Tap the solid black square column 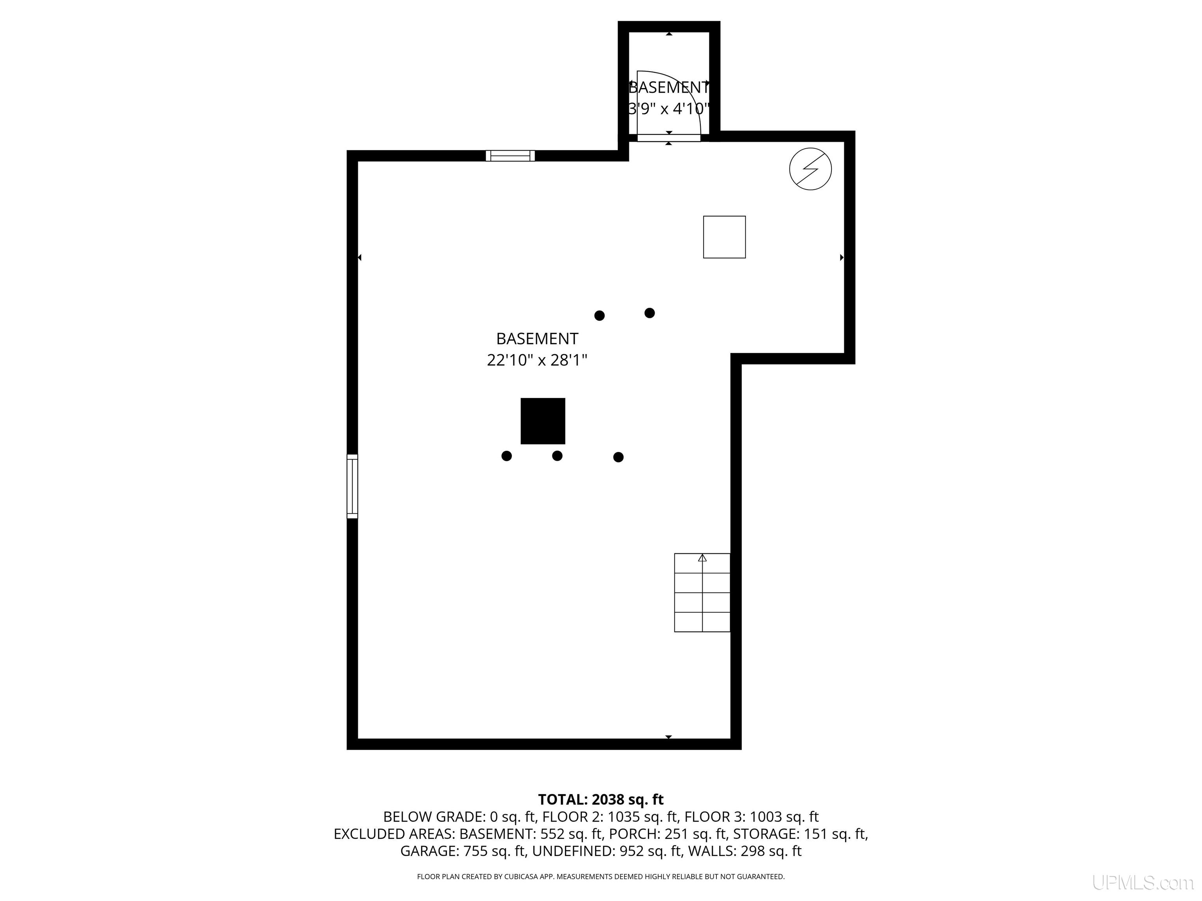tap(543, 421)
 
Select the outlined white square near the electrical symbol tap(724, 237)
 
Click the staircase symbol tap(702, 592)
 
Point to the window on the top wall tap(510, 156)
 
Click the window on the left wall tap(352, 486)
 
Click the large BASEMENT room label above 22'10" tap(537, 338)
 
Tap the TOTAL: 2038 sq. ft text tap(601, 799)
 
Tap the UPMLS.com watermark tap(1143, 883)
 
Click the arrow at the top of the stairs tap(702, 558)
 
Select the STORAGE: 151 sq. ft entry tap(801, 834)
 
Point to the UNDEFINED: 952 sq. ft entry tap(607, 851)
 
